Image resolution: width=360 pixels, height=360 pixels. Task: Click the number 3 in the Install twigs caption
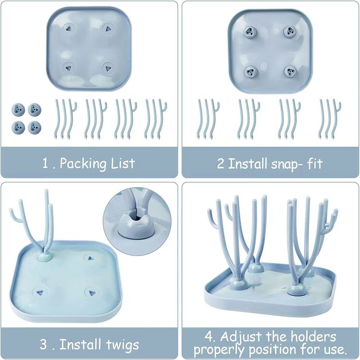coord(44,345)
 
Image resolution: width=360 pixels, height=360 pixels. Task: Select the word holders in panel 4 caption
coord(314,337)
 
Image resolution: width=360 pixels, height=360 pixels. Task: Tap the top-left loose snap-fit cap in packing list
coord(18,109)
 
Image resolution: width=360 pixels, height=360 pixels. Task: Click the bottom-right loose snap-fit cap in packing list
coord(35,127)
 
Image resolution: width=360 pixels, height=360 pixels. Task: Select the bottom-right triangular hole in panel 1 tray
coord(107,68)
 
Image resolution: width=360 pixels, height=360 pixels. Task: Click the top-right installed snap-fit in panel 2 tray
coord(288,31)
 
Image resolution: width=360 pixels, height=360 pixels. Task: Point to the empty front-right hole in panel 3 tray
coord(92,293)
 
